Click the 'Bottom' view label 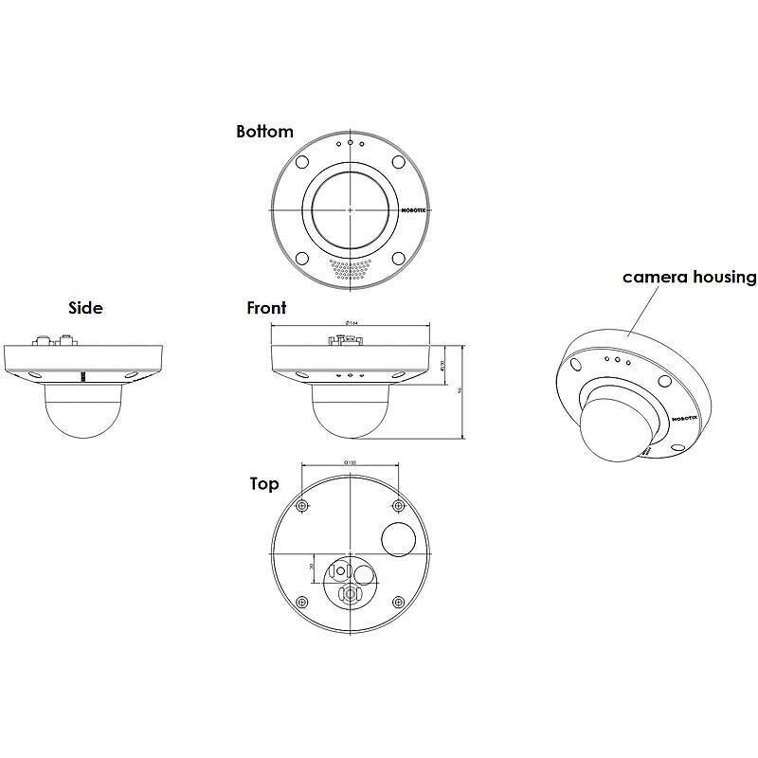pos(264,132)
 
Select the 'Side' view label pos(85,308)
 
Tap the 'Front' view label pos(266,308)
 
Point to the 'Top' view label pos(264,484)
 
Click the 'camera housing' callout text pos(689,278)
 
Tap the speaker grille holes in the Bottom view pos(350,269)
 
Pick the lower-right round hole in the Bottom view pos(398,257)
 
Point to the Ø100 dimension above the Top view pos(350,462)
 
